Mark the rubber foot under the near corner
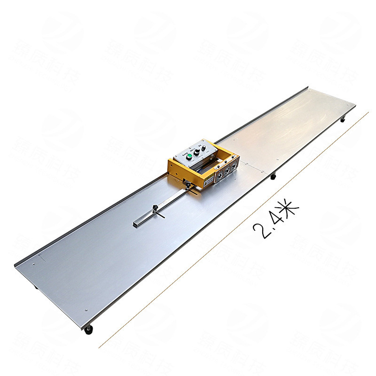click(x=89, y=330)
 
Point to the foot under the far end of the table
click(x=343, y=120)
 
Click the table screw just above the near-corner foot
click(x=86, y=311)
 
